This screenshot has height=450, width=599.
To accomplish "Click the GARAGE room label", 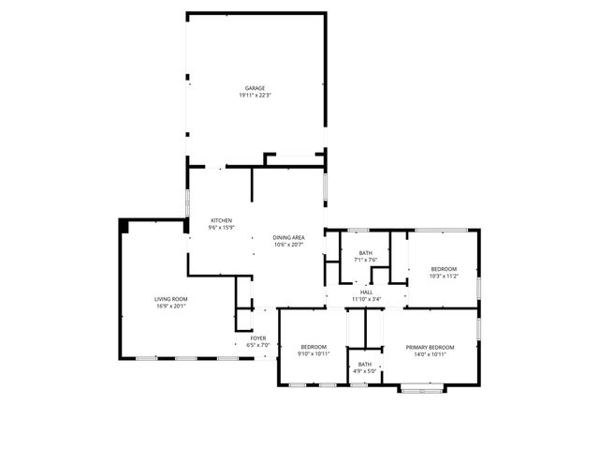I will (256, 88).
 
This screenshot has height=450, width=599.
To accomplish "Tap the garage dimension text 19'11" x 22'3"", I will (256, 96).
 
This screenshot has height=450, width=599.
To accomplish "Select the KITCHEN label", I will (221, 219).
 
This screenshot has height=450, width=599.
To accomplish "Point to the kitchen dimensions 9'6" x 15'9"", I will (221, 227).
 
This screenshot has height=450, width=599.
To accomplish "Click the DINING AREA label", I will (289, 237).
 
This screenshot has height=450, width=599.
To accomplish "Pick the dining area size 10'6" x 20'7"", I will (289, 245).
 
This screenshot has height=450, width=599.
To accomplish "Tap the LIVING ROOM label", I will (171, 299).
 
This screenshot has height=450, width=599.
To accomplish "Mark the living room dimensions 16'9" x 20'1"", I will (171, 307).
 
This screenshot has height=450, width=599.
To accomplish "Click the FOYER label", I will (258, 337).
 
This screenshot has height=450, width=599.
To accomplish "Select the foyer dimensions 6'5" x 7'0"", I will (258, 345).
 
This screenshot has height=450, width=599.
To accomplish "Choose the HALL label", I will (367, 292).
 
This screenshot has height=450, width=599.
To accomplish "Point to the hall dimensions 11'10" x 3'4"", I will (367, 299).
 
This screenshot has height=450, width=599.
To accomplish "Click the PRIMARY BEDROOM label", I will (430, 347).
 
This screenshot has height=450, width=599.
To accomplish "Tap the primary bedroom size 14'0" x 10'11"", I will (430, 354).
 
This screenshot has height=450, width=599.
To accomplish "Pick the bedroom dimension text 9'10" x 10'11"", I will (314, 354).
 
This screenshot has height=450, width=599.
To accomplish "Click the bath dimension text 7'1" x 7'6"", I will (366, 261).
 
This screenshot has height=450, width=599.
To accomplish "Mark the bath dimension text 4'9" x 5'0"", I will (365, 371).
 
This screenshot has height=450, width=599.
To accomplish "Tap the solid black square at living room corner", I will (124, 226).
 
